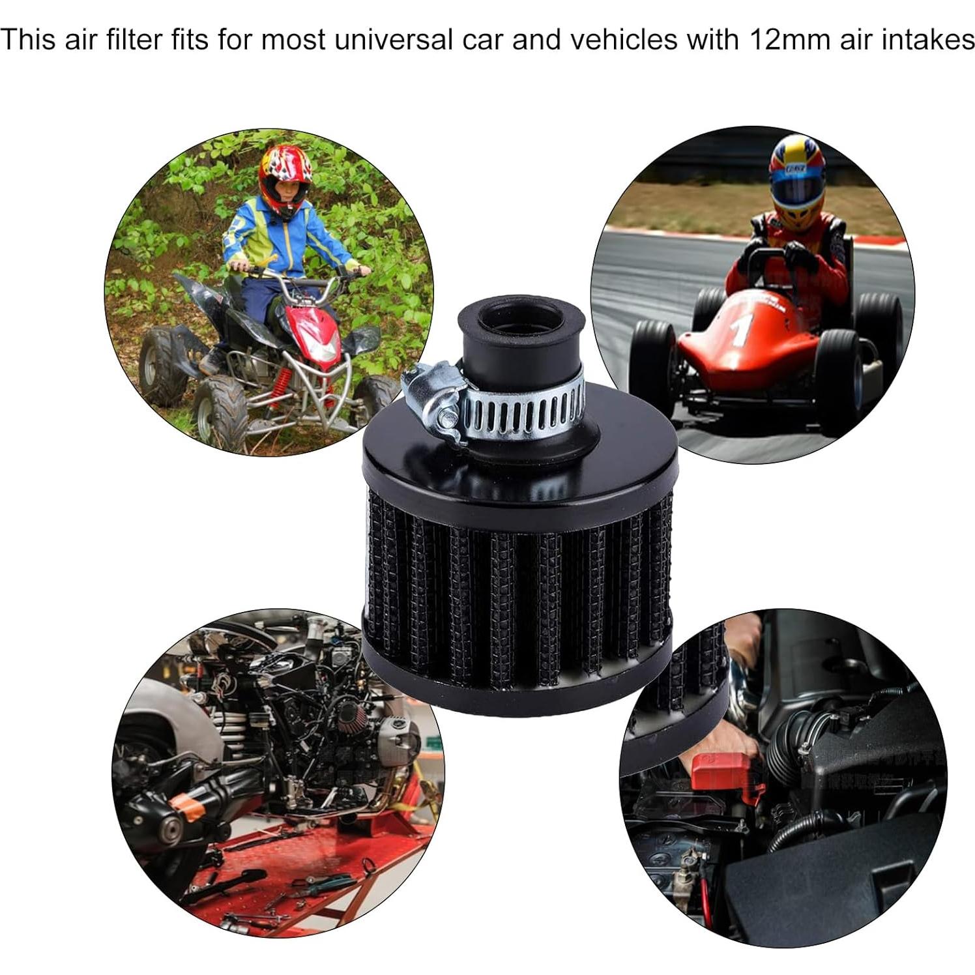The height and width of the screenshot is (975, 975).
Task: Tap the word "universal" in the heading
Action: pos(395,39)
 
